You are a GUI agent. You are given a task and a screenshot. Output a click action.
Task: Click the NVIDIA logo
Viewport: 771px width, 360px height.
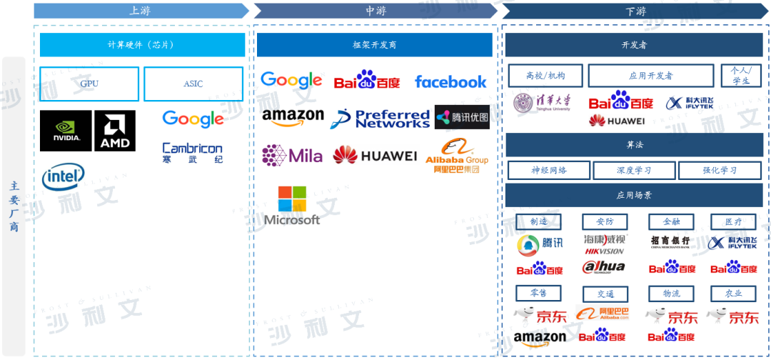(x=65, y=131)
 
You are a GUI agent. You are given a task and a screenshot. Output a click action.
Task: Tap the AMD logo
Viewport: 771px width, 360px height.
(x=115, y=131)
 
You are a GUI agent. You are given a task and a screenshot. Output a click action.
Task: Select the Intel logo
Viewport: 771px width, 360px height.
(x=63, y=176)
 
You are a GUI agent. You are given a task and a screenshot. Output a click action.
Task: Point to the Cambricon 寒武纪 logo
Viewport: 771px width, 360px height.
(x=193, y=152)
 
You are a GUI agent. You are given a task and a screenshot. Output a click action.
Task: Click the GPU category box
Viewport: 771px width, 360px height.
(x=89, y=84)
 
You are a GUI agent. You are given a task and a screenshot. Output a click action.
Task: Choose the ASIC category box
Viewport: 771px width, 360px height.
(x=193, y=84)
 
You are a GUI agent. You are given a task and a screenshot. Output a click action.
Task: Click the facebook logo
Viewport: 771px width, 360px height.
(x=450, y=82)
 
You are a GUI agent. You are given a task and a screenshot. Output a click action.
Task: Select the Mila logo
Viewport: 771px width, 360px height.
(x=292, y=155)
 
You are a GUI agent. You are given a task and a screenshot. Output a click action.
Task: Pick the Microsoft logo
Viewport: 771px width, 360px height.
(x=292, y=206)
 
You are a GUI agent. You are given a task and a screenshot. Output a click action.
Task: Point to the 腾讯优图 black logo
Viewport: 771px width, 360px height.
(x=462, y=117)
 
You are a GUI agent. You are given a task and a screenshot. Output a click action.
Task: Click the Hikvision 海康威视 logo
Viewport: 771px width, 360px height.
(x=605, y=244)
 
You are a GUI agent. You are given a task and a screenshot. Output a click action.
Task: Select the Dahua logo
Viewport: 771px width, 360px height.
(x=604, y=268)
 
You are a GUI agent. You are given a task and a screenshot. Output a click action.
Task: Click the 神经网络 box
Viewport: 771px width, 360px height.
(x=549, y=170)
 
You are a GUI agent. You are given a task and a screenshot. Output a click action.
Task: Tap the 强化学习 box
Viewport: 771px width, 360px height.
(x=720, y=170)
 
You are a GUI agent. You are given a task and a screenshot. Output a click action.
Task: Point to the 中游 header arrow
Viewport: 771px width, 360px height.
(x=376, y=11)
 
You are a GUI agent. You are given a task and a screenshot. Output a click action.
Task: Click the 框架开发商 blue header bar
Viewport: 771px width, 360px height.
(x=374, y=45)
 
